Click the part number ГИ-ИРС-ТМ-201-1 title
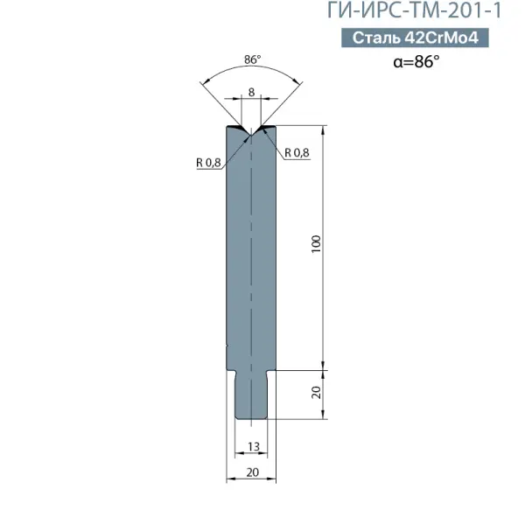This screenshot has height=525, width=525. click(415, 10)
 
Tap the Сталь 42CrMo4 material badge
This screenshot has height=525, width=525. click(415, 38)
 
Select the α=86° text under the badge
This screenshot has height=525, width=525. click(416, 61)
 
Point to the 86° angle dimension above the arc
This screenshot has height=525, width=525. click(252, 59)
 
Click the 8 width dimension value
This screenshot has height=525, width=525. click(251, 92)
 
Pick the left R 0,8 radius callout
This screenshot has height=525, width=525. click(208, 163)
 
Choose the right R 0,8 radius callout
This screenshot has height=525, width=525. click(297, 152)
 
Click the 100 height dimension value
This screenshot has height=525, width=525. click(316, 244)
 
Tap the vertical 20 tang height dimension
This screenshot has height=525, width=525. click(316, 392)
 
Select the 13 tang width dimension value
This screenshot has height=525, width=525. click(254, 446)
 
